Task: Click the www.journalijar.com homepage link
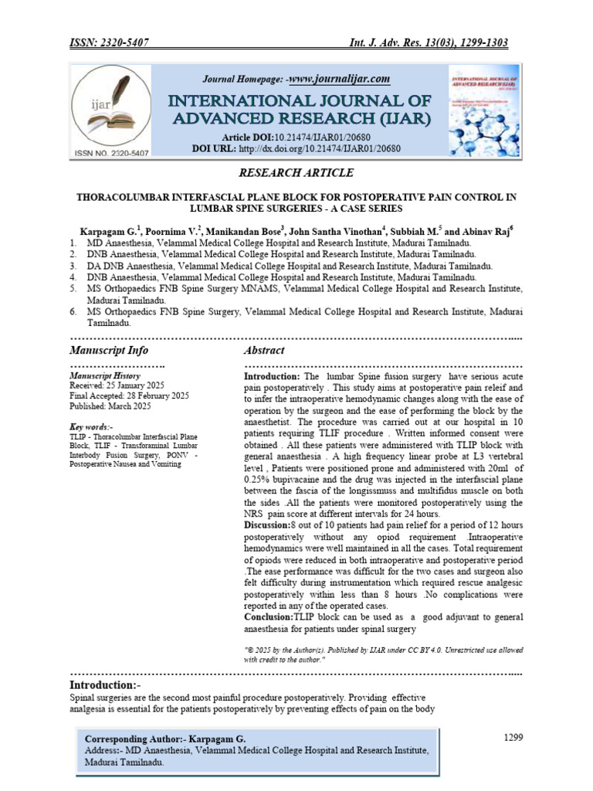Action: [x=339, y=79]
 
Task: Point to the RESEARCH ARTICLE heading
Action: [x=296, y=172]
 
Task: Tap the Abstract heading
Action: [x=264, y=350]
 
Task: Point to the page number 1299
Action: [x=513, y=737]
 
